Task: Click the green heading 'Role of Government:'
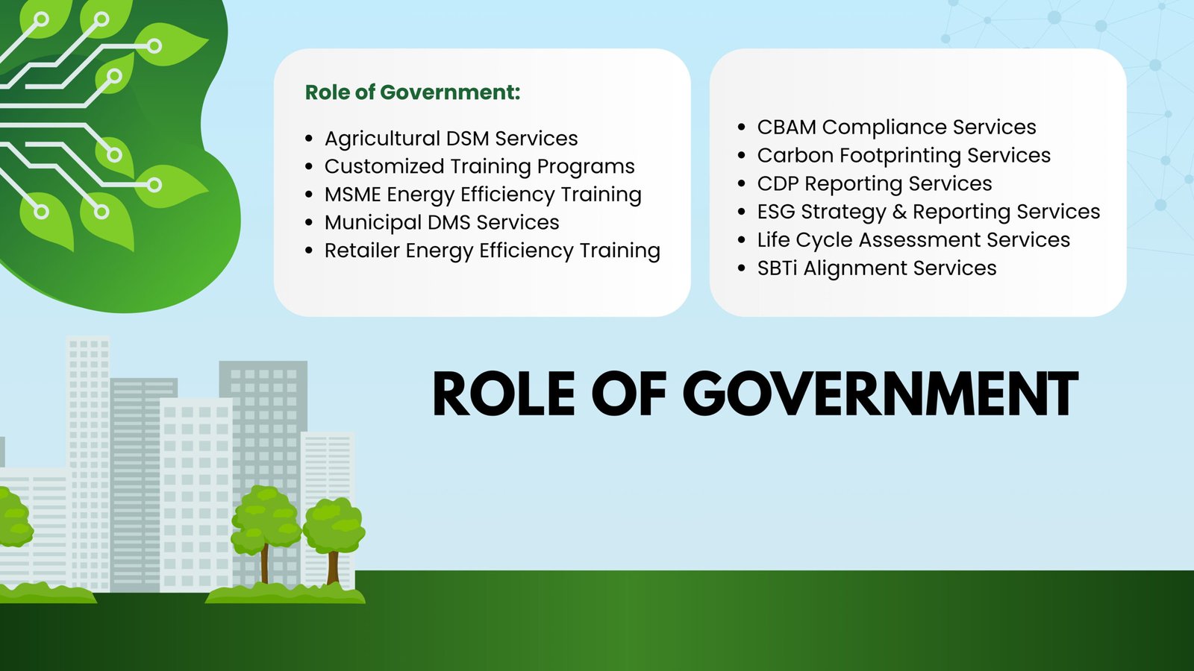(x=412, y=92)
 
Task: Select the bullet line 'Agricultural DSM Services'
(x=451, y=139)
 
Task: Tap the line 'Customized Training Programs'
(x=479, y=166)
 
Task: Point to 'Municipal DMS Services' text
(x=441, y=223)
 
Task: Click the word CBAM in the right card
(x=786, y=127)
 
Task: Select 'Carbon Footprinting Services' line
(x=903, y=156)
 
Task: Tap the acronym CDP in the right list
(x=778, y=184)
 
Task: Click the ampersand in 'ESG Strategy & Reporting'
(x=899, y=212)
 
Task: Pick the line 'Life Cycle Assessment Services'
(x=913, y=240)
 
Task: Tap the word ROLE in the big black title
(x=504, y=394)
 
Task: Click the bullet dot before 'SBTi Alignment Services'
(x=741, y=268)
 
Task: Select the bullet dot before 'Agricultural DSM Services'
(x=309, y=139)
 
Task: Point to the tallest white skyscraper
(x=88, y=447)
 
